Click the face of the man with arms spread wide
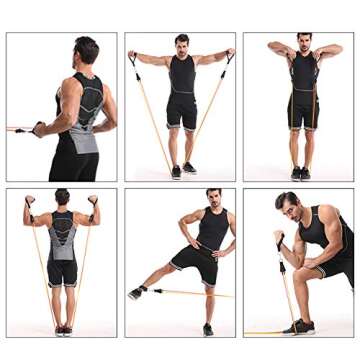click(x=181, y=45)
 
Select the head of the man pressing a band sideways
click(x=87, y=50)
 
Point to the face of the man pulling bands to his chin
click(x=304, y=44)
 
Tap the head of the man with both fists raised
click(x=62, y=198)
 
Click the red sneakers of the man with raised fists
click(x=63, y=329)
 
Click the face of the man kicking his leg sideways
click(x=212, y=197)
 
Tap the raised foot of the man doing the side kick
click(x=136, y=292)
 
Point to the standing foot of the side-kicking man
click(x=208, y=328)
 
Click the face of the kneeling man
click(x=290, y=207)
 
